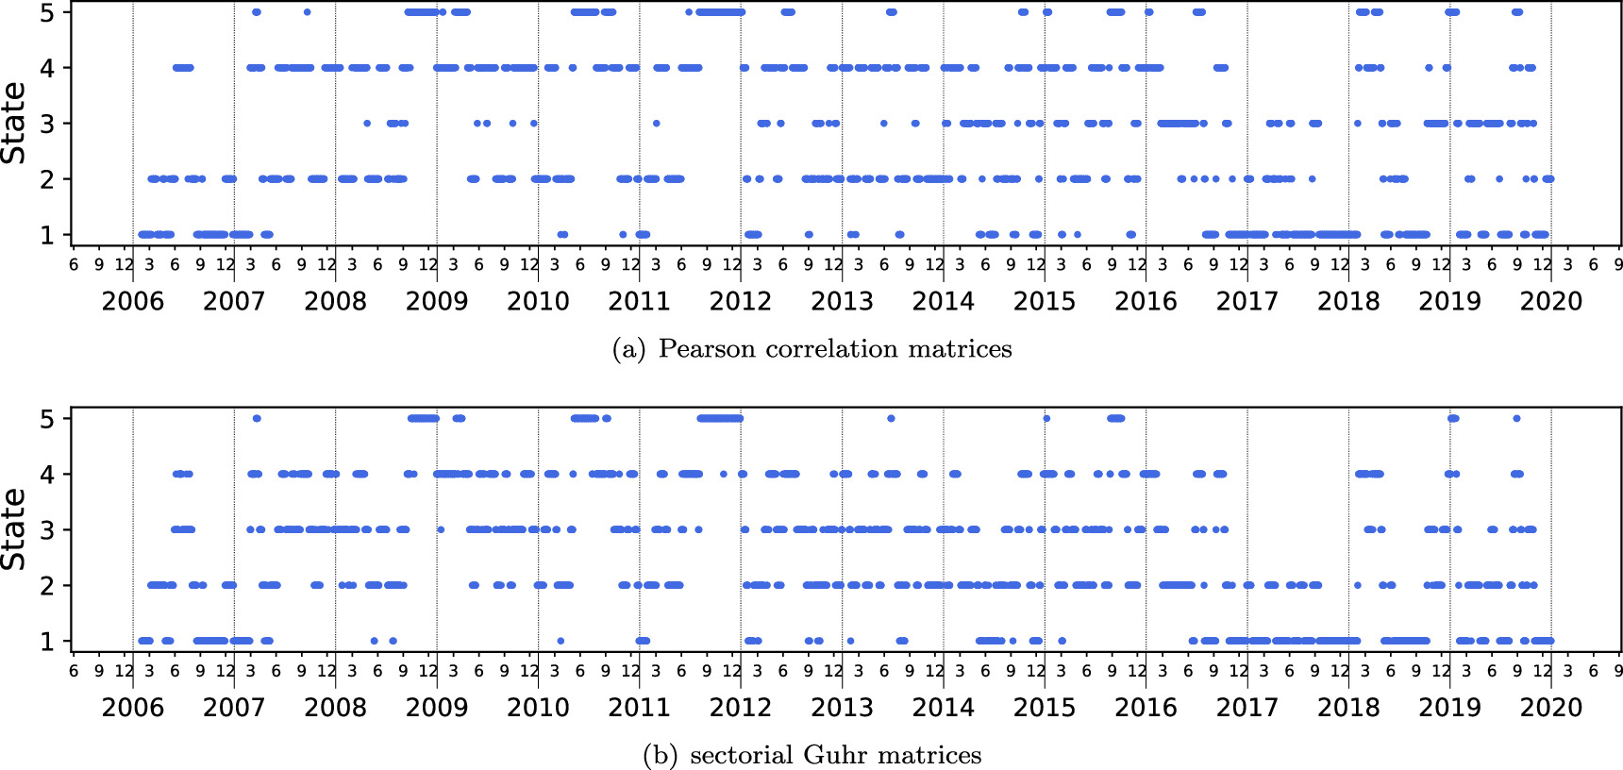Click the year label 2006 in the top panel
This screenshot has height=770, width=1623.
click(132, 301)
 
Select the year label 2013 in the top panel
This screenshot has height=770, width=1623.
click(842, 301)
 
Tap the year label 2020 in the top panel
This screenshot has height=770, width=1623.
click(1551, 301)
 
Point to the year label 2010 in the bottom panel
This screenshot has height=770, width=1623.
click(538, 708)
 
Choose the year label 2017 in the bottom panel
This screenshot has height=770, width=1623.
click(1247, 708)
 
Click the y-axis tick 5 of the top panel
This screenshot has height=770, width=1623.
click(47, 12)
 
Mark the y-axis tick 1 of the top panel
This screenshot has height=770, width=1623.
click(47, 235)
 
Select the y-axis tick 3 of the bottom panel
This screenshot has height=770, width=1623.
click(47, 530)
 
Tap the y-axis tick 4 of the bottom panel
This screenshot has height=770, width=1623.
click(47, 475)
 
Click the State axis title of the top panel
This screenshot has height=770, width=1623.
click(14, 123)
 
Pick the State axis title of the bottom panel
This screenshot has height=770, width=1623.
click(14, 529)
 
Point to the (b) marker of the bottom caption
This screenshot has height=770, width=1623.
click(661, 756)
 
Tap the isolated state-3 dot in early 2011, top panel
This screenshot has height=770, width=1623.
click(656, 124)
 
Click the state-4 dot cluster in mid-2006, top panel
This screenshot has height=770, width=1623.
click(183, 68)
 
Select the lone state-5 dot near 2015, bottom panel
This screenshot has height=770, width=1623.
click(1046, 419)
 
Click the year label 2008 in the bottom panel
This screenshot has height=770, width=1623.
click(335, 708)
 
